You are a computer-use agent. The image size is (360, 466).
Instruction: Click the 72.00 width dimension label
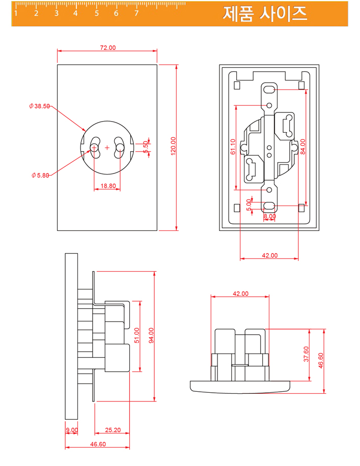(107, 48)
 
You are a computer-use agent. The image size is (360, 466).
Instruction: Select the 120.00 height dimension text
(173, 147)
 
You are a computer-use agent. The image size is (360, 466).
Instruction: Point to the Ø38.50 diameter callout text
(40, 106)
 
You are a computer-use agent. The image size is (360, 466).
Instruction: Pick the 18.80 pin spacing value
(107, 186)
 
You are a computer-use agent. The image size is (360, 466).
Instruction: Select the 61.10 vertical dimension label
(233, 147)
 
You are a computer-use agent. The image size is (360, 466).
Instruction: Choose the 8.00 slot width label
(269, 216)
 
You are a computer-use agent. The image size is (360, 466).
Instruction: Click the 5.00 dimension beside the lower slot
(249, 205)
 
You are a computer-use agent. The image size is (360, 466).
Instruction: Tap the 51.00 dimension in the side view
(136, 336)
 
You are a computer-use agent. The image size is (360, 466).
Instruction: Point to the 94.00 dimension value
(151, 336)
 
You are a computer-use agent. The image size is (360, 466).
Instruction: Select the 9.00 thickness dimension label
(72, 430)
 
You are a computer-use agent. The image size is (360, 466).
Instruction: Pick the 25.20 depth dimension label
(113, 430)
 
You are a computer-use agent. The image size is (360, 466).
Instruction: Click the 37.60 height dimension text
(306, 354)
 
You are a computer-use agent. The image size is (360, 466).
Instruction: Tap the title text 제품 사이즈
(265, 14)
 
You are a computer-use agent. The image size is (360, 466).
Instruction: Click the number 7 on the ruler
(136, 13)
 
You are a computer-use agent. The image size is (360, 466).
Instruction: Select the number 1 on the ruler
(16, 13)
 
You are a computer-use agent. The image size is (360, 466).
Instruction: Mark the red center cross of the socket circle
(107, 148)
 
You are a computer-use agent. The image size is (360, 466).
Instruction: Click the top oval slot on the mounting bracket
(270, 90)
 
